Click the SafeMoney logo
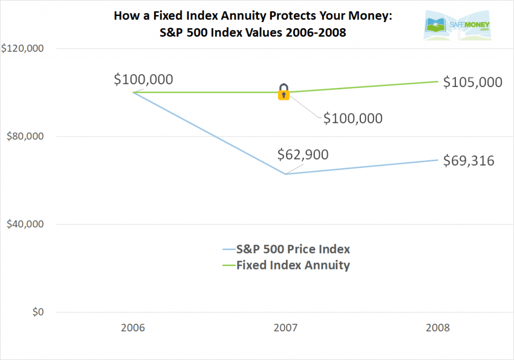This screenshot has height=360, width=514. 457,26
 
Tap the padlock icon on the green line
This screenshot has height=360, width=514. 284,92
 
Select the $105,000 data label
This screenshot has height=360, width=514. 472,82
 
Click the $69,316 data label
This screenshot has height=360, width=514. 468,161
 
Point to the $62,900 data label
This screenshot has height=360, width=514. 303,154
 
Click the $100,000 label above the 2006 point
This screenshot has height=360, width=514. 144,79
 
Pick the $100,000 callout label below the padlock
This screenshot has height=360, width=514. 352,118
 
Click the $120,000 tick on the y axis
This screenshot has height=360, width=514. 23,49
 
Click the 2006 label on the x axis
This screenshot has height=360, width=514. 133,328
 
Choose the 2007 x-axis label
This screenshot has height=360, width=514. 286,328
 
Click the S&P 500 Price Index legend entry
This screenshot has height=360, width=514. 286,249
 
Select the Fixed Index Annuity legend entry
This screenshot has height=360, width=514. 286,265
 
